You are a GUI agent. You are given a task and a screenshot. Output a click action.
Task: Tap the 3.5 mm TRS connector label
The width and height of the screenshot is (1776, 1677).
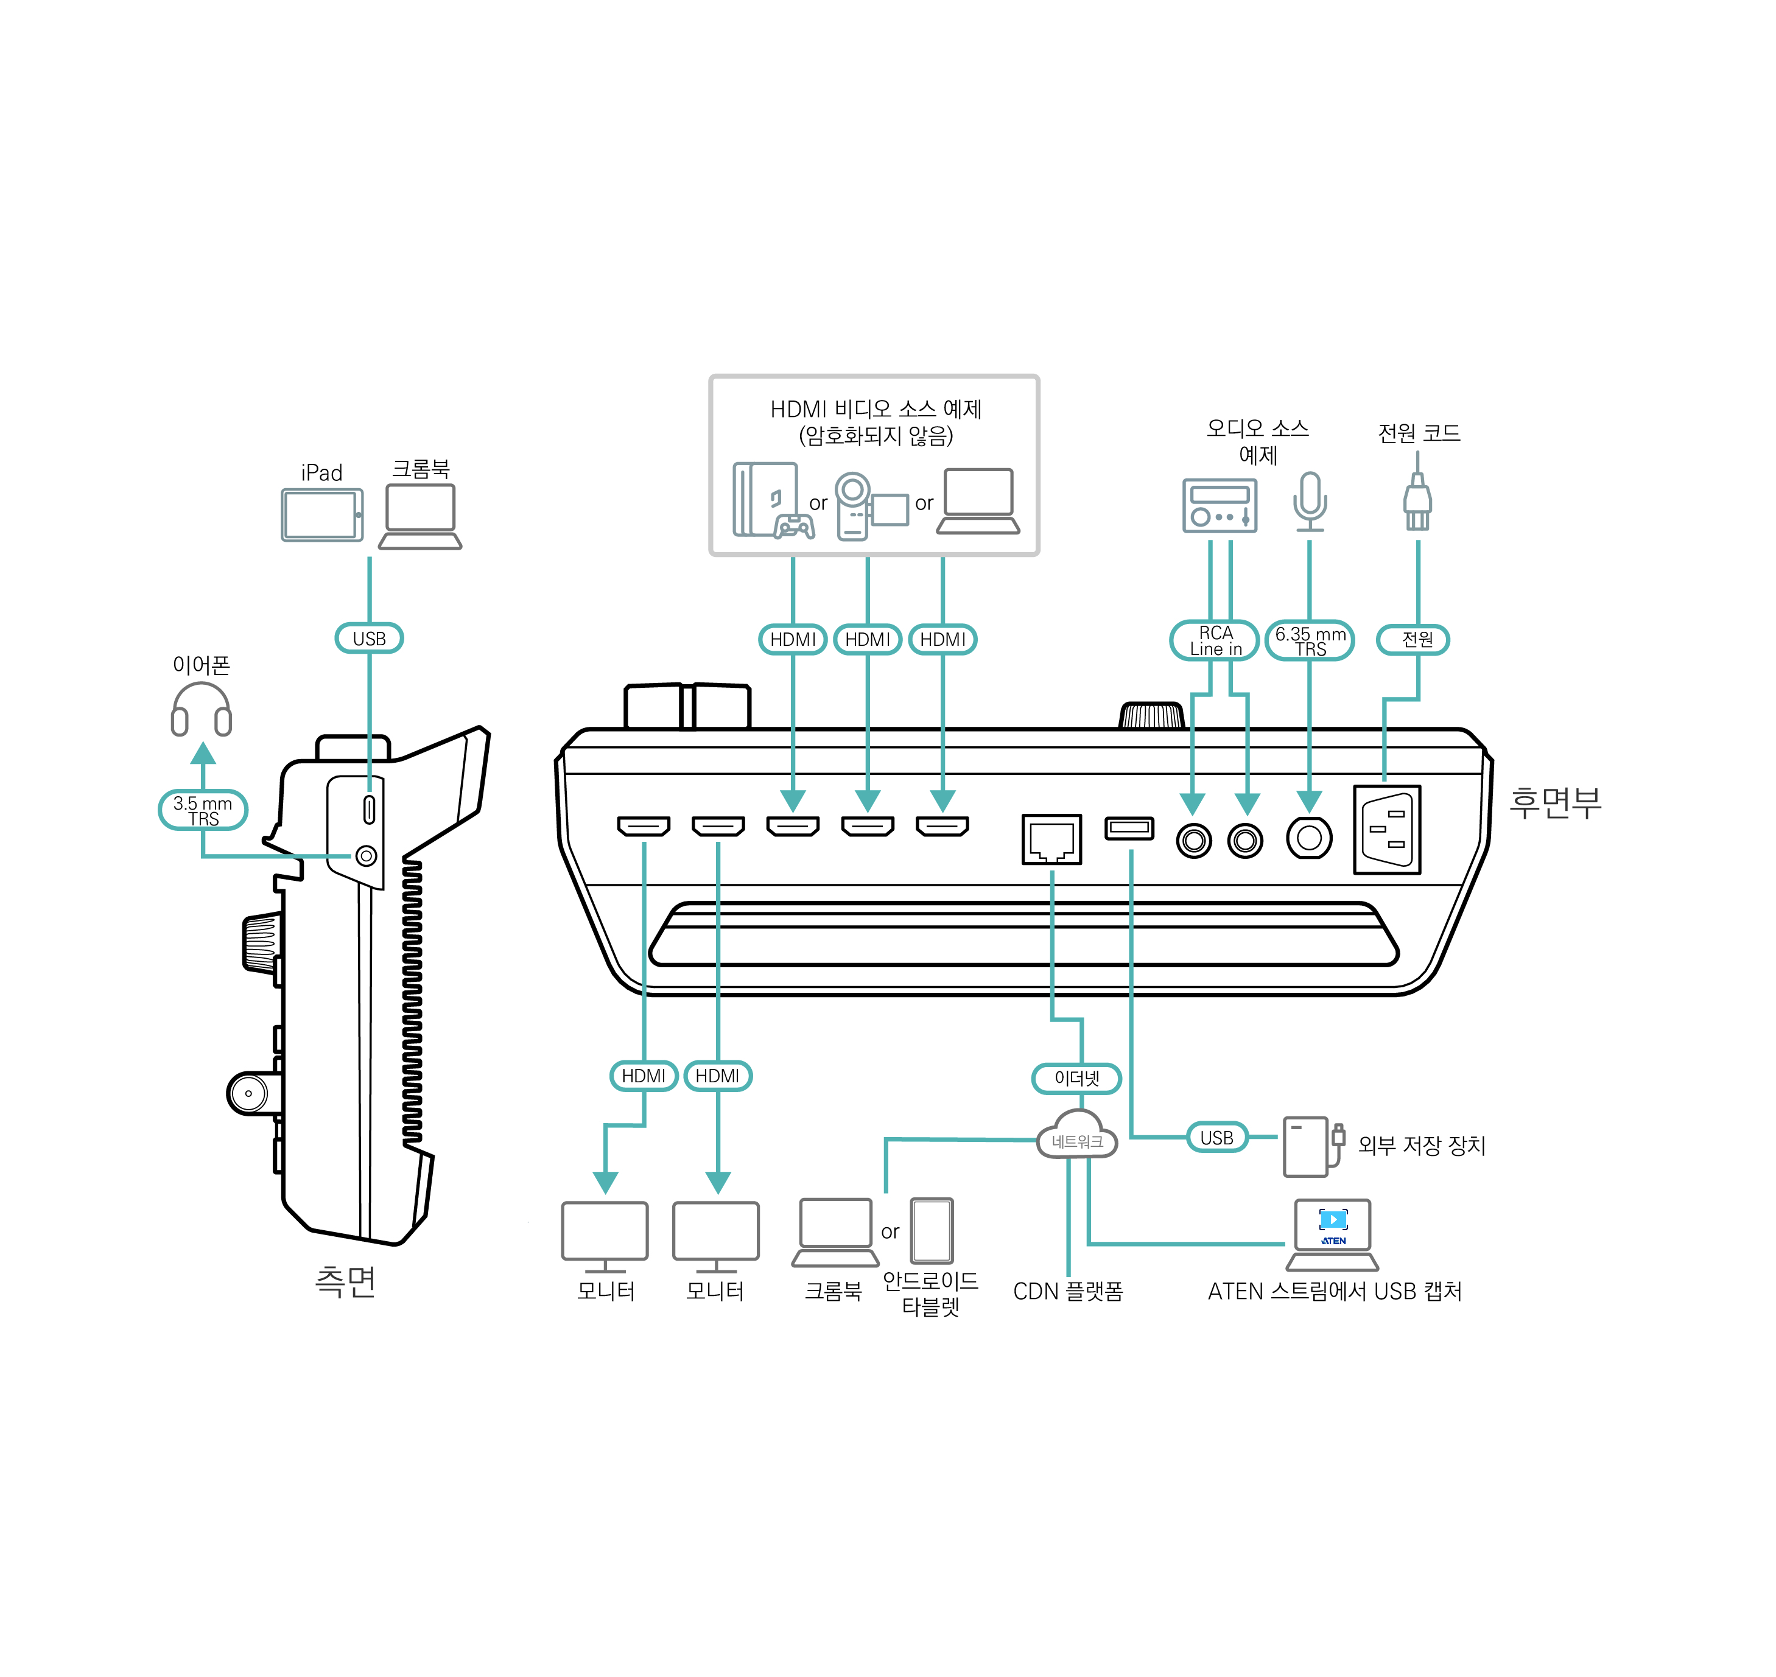tap(203, 810)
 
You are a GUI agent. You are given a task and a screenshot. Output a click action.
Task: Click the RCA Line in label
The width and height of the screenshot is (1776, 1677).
tap(1215, 640)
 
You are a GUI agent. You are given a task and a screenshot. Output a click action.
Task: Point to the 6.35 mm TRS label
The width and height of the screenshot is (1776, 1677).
tap(1310, 640)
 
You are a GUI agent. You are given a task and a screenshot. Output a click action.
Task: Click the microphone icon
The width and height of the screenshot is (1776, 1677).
tap(1310, 500)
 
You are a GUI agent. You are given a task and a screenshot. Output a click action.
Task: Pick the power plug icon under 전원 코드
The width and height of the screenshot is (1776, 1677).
tap(1417, 500)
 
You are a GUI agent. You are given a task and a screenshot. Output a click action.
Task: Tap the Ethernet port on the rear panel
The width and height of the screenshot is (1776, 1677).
tap(1051, 839)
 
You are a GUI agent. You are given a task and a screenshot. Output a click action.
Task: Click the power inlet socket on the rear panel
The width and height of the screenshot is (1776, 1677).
tap(1387, 830)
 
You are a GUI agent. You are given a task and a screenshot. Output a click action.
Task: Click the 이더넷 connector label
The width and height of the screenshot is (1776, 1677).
tap(1076, 1078)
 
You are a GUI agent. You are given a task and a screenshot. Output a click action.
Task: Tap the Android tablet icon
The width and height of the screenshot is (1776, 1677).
tap(932, 1230)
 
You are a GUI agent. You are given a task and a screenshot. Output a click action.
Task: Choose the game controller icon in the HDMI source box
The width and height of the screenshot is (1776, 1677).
tap(793, 527)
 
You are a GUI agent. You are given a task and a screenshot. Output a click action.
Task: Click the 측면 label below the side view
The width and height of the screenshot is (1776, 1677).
tap(345, 1281)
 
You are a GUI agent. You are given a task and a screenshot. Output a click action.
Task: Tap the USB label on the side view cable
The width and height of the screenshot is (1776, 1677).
tap(370, 639)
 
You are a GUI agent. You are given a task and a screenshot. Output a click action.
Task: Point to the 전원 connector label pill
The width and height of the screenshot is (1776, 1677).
tap(1417, 639)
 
